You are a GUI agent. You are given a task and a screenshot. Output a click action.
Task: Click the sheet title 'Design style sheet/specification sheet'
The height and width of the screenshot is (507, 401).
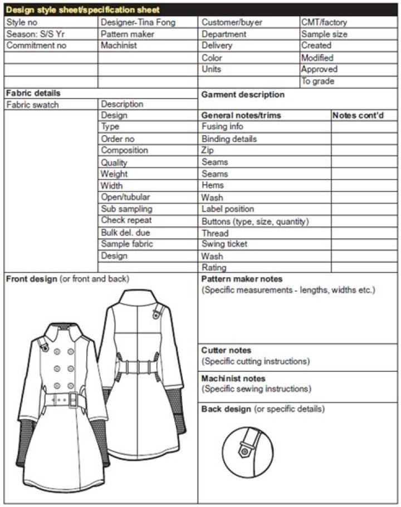click(x=82, y=10)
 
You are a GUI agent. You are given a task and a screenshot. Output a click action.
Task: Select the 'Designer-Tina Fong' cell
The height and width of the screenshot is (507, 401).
click(x=138, y=22)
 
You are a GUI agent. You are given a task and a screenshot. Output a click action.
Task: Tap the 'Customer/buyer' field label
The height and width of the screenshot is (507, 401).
click(x=232, y=22)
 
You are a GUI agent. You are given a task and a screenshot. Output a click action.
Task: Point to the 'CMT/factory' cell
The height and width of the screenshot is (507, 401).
click(x=324, y=22)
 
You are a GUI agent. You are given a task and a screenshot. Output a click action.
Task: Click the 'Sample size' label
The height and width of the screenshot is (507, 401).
click(x=325, y=34)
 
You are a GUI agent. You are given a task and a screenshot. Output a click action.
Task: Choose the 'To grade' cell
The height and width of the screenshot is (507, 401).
click(x=318, y=81)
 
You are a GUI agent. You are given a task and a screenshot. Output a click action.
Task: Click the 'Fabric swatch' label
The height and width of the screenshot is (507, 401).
click(x=32, y=105)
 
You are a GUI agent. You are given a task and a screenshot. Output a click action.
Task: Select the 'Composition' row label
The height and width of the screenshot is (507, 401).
click(x=124, y=150)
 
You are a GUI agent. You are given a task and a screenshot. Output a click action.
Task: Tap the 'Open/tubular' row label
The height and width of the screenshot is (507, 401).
click(x=125, y=197)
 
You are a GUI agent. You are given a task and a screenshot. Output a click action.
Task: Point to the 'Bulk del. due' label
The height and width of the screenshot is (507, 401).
click(x=125, y=233)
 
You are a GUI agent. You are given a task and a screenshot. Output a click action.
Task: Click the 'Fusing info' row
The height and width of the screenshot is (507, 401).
click(x=222, y=126)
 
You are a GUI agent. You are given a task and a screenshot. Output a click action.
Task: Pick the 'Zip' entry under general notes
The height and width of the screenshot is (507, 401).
click(x=207, y=150)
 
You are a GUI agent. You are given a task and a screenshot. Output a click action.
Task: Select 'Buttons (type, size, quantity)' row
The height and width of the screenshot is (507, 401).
click(x=255, y=221)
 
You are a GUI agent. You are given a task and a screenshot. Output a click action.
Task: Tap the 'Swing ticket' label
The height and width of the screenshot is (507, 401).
click(x=224, y=244)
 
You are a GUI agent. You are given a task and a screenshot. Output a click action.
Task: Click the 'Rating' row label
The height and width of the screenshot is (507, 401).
click(x=214, y=268)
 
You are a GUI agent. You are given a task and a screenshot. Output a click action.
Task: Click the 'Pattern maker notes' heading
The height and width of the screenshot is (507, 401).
click(x=242, y=279)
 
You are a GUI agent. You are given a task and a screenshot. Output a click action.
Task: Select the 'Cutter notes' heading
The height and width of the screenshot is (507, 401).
click(x=226, y=351)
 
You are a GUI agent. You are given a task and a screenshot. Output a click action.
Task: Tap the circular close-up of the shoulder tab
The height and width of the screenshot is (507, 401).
click(x=248, y=451)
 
